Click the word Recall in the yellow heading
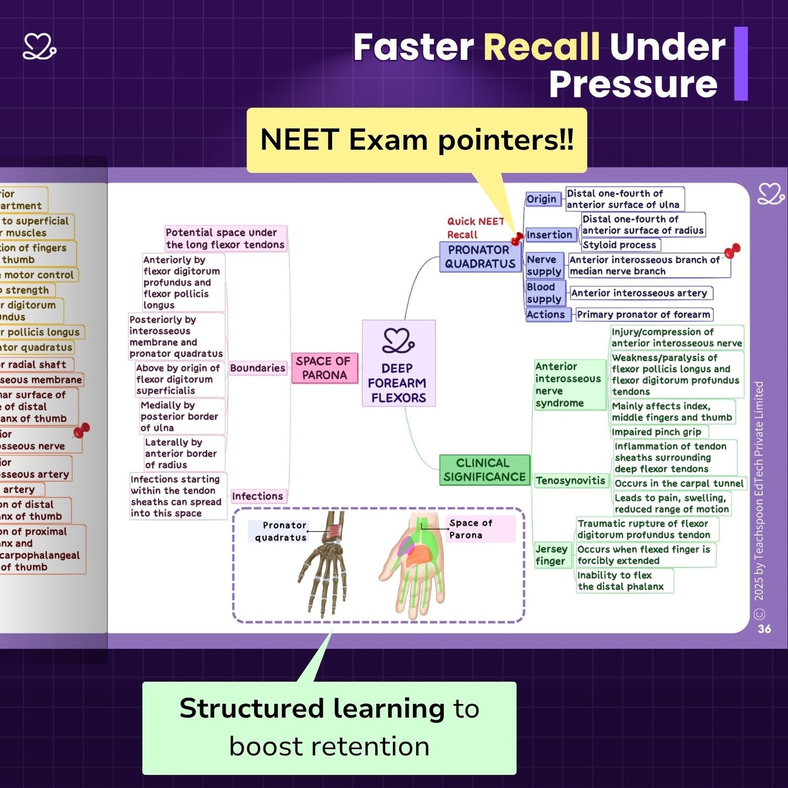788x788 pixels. coord(541,47)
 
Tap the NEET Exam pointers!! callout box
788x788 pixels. coord(417,140)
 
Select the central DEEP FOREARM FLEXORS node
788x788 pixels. coord(399,363)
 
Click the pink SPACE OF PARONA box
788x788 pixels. coord(324,368)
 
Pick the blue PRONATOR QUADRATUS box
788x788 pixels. coord(480,257)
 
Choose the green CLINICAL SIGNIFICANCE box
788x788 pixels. coord(484,470)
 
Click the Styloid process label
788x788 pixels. coord(620,245)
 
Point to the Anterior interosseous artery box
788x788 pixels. coord(639,293)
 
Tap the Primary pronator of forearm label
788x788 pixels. coord(643,315)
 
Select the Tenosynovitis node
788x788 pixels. coord(570,480)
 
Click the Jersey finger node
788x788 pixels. coord(551,555)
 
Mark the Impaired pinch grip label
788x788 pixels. coord(657,432)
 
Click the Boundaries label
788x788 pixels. coord(257,368)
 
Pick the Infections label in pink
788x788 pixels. coord(257,496)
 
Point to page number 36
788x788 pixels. coord(765,629)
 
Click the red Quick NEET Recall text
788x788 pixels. coord(475,228)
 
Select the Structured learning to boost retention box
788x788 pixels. coord(329,728)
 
